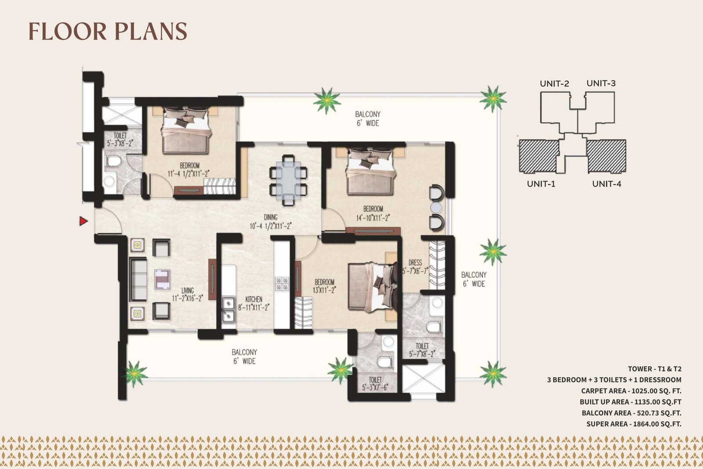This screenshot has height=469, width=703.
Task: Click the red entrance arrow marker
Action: click(x=83, y=222)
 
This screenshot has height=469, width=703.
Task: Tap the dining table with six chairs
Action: click(x=288, y=180)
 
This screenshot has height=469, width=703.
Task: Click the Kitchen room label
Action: click(x=254, y=299)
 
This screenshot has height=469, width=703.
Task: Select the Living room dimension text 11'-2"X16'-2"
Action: click(x=187, y=298)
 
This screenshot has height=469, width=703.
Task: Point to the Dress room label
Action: click(x=415, y=262)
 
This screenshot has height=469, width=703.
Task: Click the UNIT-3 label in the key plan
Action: click(x=601, y=83)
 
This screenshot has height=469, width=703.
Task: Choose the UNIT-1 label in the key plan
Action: click(x=541, y=184)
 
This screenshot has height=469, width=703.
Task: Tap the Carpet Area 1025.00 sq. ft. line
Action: click(x=631, y=391)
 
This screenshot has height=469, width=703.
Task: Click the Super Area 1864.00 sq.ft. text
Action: click(x=634, y=424)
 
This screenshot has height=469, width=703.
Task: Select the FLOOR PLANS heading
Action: click(x=108, y=31)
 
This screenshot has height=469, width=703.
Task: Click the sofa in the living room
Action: click(x=138, y=280)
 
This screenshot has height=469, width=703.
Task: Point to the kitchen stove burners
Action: click(x=282, y=284)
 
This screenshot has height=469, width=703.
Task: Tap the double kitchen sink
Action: click(x=228, y=309)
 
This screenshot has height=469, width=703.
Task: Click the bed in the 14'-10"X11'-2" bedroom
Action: click(x=370, y=171)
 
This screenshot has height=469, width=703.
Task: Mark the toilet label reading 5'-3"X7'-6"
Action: click(x=375, y=384)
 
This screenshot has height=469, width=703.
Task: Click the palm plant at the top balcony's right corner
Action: click(x=493, y=99)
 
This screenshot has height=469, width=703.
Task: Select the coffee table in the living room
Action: click(x=162, y=279)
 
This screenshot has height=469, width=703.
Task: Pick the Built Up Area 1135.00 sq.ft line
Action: click(x=631, y=402)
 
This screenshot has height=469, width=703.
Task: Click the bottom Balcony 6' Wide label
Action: click(x=244, y=356)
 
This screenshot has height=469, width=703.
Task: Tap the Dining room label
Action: click(x=271, y=217)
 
